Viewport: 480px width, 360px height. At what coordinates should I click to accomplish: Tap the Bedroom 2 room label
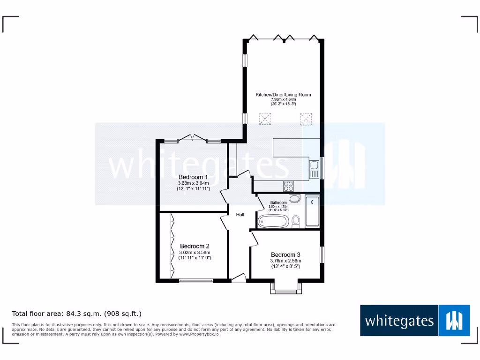click(195, 246)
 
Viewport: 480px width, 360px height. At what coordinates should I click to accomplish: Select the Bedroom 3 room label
click(285, 255)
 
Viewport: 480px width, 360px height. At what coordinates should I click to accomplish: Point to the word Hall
click(240, 215)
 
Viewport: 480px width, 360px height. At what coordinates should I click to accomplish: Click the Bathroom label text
click(278, 202)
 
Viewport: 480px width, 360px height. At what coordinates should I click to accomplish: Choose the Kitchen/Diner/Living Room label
click(283, 95)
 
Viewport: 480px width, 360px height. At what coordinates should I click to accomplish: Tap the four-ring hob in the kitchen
click(288, 186)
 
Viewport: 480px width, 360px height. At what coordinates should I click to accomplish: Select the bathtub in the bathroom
click(273, 221)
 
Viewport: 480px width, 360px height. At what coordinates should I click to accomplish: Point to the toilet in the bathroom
click(296, 220)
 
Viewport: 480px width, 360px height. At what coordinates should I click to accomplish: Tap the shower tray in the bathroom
click(312, 211)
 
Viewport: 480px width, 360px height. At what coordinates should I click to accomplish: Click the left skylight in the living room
click(266, 120)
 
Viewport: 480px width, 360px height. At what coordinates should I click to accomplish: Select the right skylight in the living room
click(306, 120)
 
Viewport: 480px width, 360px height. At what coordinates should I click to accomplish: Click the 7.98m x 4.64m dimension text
click(283, 99)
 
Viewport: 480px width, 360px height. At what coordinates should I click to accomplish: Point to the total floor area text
click(76, 313)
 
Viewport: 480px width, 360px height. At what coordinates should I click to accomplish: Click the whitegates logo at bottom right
click(415, 321)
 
